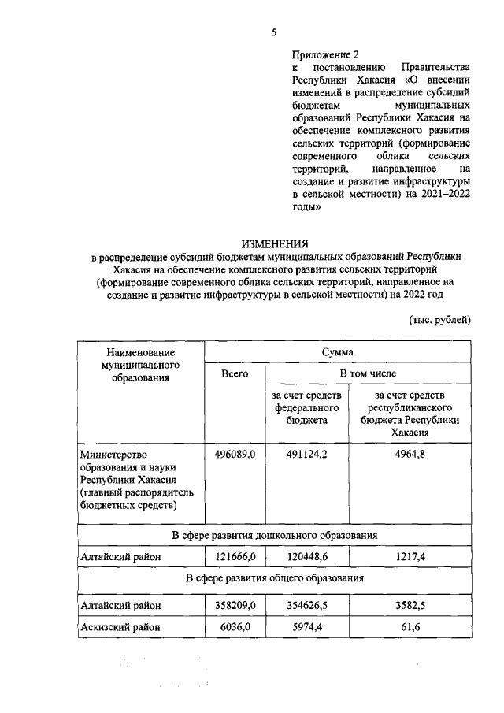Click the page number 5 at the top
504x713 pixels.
click(274, 32)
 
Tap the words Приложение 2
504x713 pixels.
click(324, 54)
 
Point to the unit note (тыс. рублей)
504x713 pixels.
click(439, 319)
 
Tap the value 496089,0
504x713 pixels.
click(235, 454)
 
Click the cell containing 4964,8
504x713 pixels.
click(409, 454)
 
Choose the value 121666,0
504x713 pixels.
click(235, 557)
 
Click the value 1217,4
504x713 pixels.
click(409, 557)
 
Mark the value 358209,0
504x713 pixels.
click(235, 606)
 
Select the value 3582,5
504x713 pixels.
click(409, 606)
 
